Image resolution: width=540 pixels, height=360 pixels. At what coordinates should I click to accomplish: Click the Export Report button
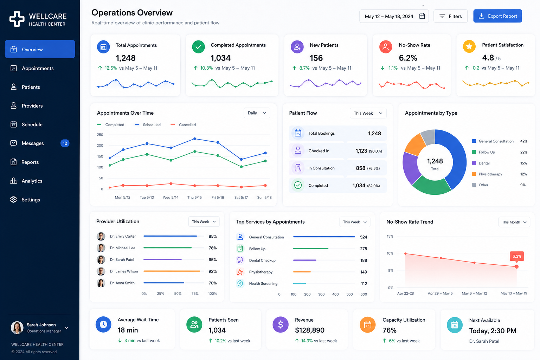pos(497,16)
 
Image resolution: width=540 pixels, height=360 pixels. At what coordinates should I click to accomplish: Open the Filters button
pos(450,16)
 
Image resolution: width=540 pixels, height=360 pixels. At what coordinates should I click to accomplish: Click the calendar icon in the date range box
pos(422,16)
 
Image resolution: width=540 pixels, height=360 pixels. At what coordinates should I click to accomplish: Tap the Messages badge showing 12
pos(65,143)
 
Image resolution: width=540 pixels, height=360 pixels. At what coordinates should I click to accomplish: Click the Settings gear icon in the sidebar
pos(13,199)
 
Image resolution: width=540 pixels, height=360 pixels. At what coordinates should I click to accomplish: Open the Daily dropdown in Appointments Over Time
pos(257,113)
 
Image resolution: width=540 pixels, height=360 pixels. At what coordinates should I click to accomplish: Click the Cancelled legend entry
pos(183,125)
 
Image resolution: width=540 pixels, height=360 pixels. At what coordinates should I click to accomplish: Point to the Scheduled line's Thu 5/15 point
pos(195,139)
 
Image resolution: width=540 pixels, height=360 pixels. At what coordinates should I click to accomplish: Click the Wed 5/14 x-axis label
pos(171,197)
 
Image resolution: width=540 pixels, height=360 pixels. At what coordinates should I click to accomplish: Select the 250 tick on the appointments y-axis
pos(100,135)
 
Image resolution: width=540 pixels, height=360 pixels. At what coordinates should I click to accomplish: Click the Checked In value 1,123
pos(361,151)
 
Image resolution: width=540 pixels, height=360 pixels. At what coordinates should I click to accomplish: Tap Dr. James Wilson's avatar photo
pos(101,271)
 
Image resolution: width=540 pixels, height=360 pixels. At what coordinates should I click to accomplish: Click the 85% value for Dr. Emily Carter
pos(213,236)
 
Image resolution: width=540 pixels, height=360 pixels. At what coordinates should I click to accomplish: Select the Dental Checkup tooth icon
pos(240,260)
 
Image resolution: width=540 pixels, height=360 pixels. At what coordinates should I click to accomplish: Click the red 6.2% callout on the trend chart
pos(517,256)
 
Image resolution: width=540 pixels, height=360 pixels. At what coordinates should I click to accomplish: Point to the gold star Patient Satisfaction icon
pos(469,46)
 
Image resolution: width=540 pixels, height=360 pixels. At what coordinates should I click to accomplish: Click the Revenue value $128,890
pos(309,330)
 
